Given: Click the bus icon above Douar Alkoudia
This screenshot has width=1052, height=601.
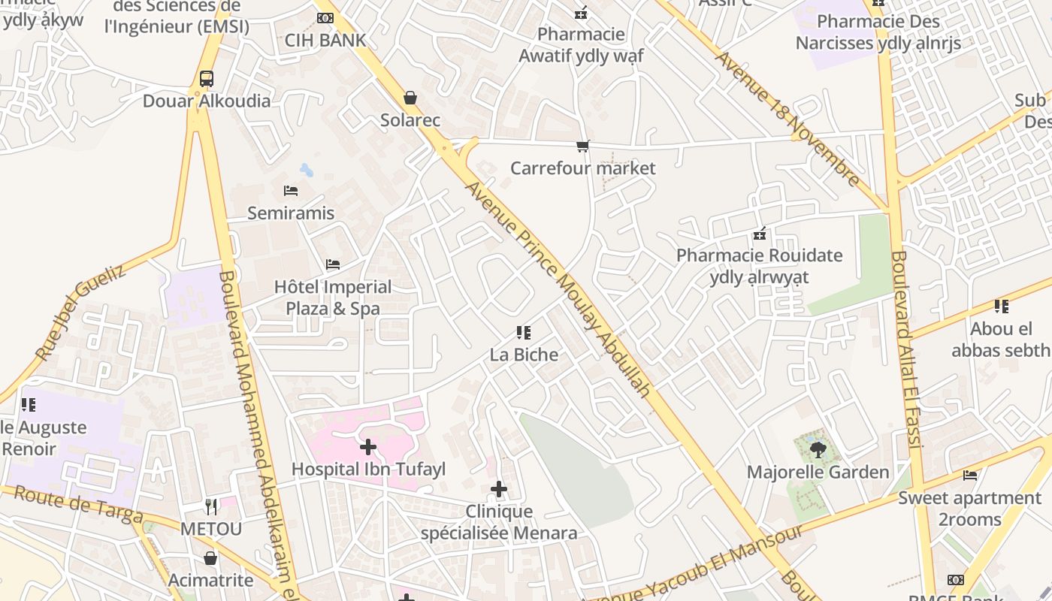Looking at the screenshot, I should (x=206, y=79).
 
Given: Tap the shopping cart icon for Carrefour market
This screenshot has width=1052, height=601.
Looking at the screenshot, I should (x=582, y=146).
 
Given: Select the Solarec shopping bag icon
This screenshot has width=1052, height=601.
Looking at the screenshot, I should (x=410, y=98).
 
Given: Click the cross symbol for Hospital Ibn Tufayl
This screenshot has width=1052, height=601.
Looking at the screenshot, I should (x=368, y=448).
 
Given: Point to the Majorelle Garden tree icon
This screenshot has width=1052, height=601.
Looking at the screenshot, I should (x=818, y=450).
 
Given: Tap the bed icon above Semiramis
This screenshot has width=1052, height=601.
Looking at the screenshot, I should (x=291, y=191).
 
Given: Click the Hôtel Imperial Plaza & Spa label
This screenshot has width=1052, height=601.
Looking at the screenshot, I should (x=333, y=297).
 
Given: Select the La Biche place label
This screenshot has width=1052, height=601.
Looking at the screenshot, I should (x=524, y=355).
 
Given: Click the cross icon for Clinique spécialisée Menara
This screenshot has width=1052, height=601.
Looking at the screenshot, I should (x=499, y=490).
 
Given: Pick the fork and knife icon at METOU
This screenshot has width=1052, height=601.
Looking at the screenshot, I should (x=211, y=506).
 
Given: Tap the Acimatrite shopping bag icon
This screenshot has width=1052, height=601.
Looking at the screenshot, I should (x=210, y=558).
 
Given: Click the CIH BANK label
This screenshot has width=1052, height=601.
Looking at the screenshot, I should (x=325, y=41).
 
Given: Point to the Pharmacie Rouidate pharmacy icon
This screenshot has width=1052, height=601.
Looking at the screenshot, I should (x=760, y=234).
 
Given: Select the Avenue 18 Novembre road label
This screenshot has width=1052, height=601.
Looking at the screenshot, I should (x=787, y=119).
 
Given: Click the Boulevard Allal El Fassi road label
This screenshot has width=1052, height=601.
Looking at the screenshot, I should (x=905, y=350).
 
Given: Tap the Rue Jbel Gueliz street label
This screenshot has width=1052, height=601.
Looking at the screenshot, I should (x=81, y=313).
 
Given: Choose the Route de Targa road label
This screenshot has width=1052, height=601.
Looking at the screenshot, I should (x=78, y=504).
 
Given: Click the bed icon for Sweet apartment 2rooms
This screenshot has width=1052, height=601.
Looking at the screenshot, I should (x=970, y=476).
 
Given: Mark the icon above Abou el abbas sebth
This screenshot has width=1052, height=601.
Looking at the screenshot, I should (x=1001, y=307).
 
